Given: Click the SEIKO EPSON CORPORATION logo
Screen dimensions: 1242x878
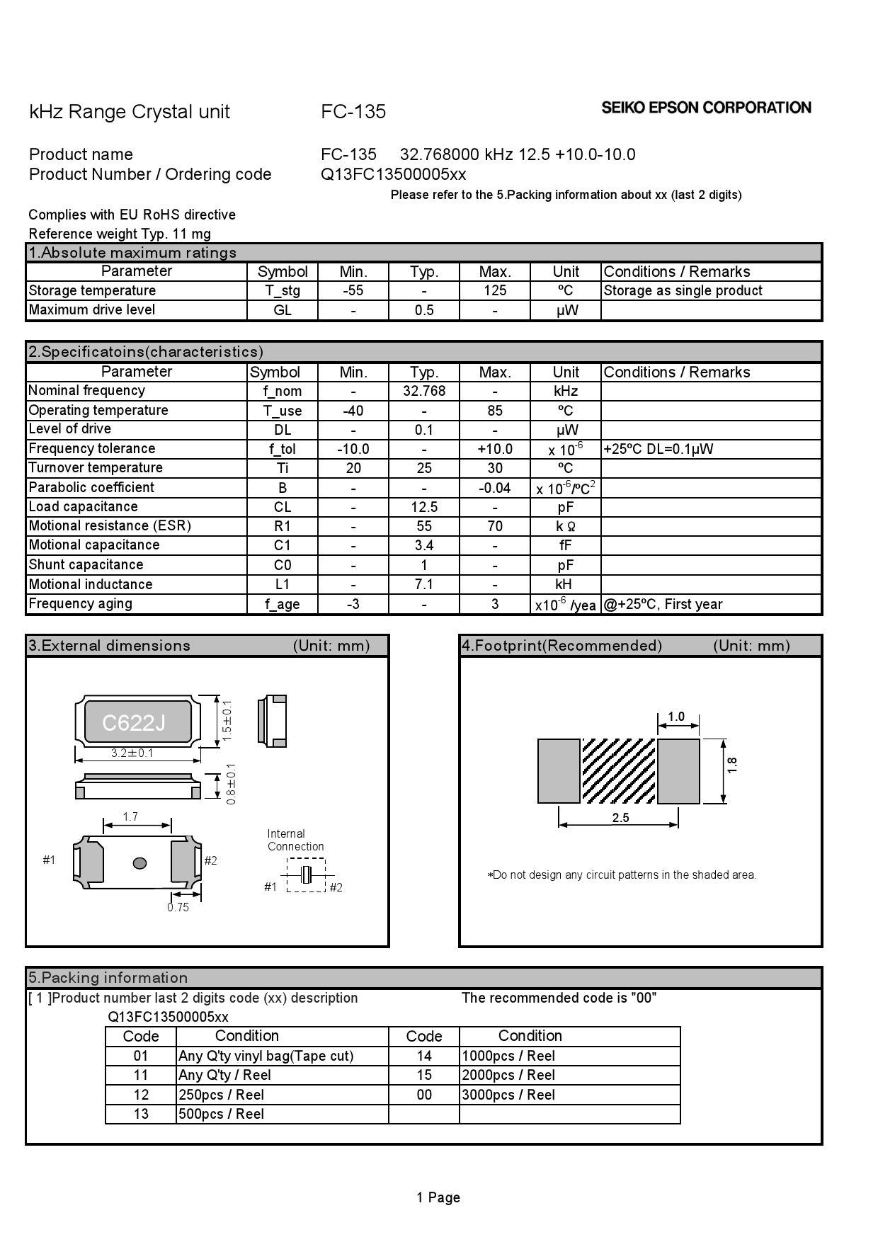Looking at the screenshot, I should (x=706, y=108).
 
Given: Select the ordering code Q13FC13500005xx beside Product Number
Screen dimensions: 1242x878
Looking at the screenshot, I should (x=393, y=175).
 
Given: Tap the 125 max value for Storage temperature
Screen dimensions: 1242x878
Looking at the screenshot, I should (x=495, y=291).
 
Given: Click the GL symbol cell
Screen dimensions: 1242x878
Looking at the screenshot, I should (x=283, y=311).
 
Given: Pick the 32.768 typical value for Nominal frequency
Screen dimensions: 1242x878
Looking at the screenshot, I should (x=424, y=392).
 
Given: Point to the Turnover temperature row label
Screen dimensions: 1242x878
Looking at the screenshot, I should (x=96, y=468).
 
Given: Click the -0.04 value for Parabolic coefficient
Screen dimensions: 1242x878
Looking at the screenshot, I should (x=495, y=489).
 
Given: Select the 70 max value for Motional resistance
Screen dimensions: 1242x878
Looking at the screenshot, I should (x=495, y=527).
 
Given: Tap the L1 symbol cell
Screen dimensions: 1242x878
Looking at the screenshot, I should (x=283, y=585).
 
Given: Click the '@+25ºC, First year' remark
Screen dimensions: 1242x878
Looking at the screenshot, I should (x=663, y=605).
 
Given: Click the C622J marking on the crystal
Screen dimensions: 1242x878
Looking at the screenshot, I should (x=134, y=723).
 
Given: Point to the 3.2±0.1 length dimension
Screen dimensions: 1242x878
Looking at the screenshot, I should (x=132, y=753).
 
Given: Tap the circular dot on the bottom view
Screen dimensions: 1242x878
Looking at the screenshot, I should (x=140, y=862).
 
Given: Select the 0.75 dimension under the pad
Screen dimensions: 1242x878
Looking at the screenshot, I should (x=178, y=908).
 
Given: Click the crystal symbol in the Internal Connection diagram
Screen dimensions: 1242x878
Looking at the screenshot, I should (x=307, y=874).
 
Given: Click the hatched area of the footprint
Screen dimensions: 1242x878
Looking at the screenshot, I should (x=618, y=771).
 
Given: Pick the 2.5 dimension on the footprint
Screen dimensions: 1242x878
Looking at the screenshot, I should (x=620, y=818).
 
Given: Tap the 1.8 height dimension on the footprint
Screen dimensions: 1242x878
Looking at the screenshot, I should (x=732, y=765).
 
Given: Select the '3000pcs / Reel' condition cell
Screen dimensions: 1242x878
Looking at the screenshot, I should (x=508, y=1095).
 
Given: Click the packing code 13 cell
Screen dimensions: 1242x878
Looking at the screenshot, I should (x=141, y=1115).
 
